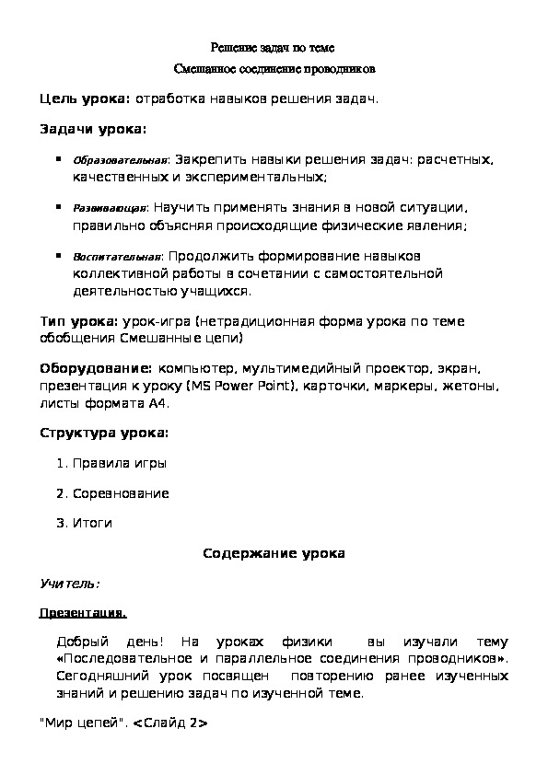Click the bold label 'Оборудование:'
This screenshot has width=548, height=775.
(95, 370)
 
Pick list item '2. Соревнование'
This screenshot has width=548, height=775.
(112, 493)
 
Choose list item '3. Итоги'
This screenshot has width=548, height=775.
(85, 523)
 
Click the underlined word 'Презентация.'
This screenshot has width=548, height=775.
(84, 612)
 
